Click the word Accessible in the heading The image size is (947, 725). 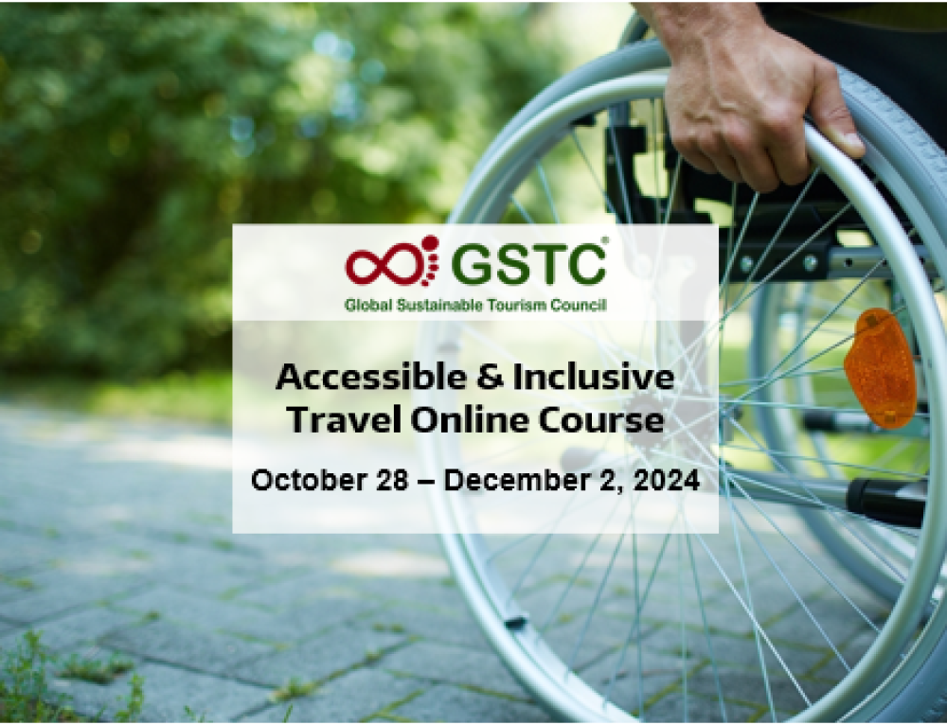coord(371,377)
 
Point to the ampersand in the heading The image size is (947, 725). coord(490,378)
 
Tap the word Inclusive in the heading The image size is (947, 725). coord(594,377)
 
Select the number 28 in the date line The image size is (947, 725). coord(392,481)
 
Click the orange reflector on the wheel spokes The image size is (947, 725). coord(881,368)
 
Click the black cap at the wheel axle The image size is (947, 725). coord(886,502)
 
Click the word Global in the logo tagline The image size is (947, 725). coord(368,306)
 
